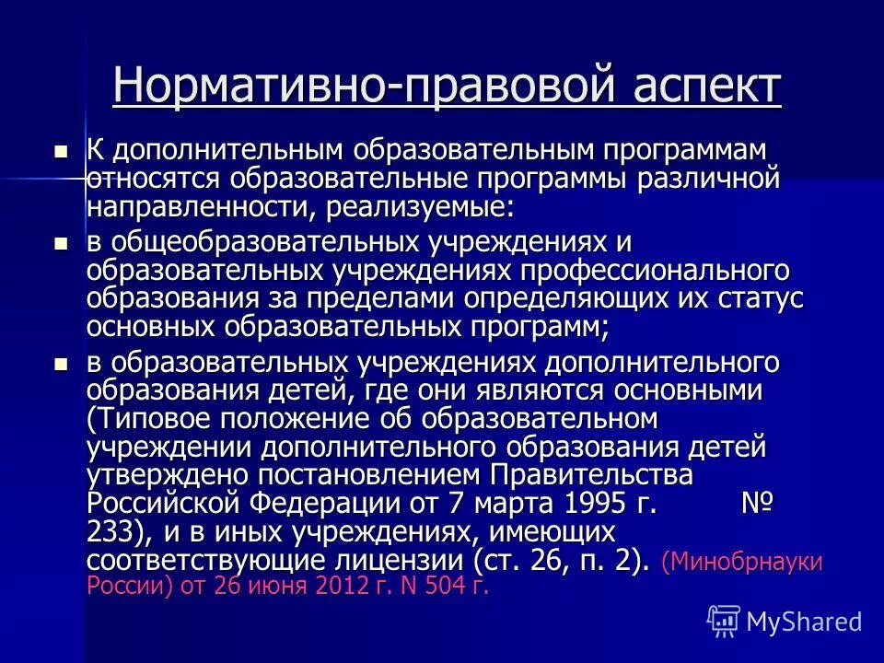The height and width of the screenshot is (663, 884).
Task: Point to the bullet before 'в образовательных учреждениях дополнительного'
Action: pyautogui.click(x=62, y=365)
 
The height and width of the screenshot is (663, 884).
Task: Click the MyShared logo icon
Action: pyautogui.click(x=723, y=621)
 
